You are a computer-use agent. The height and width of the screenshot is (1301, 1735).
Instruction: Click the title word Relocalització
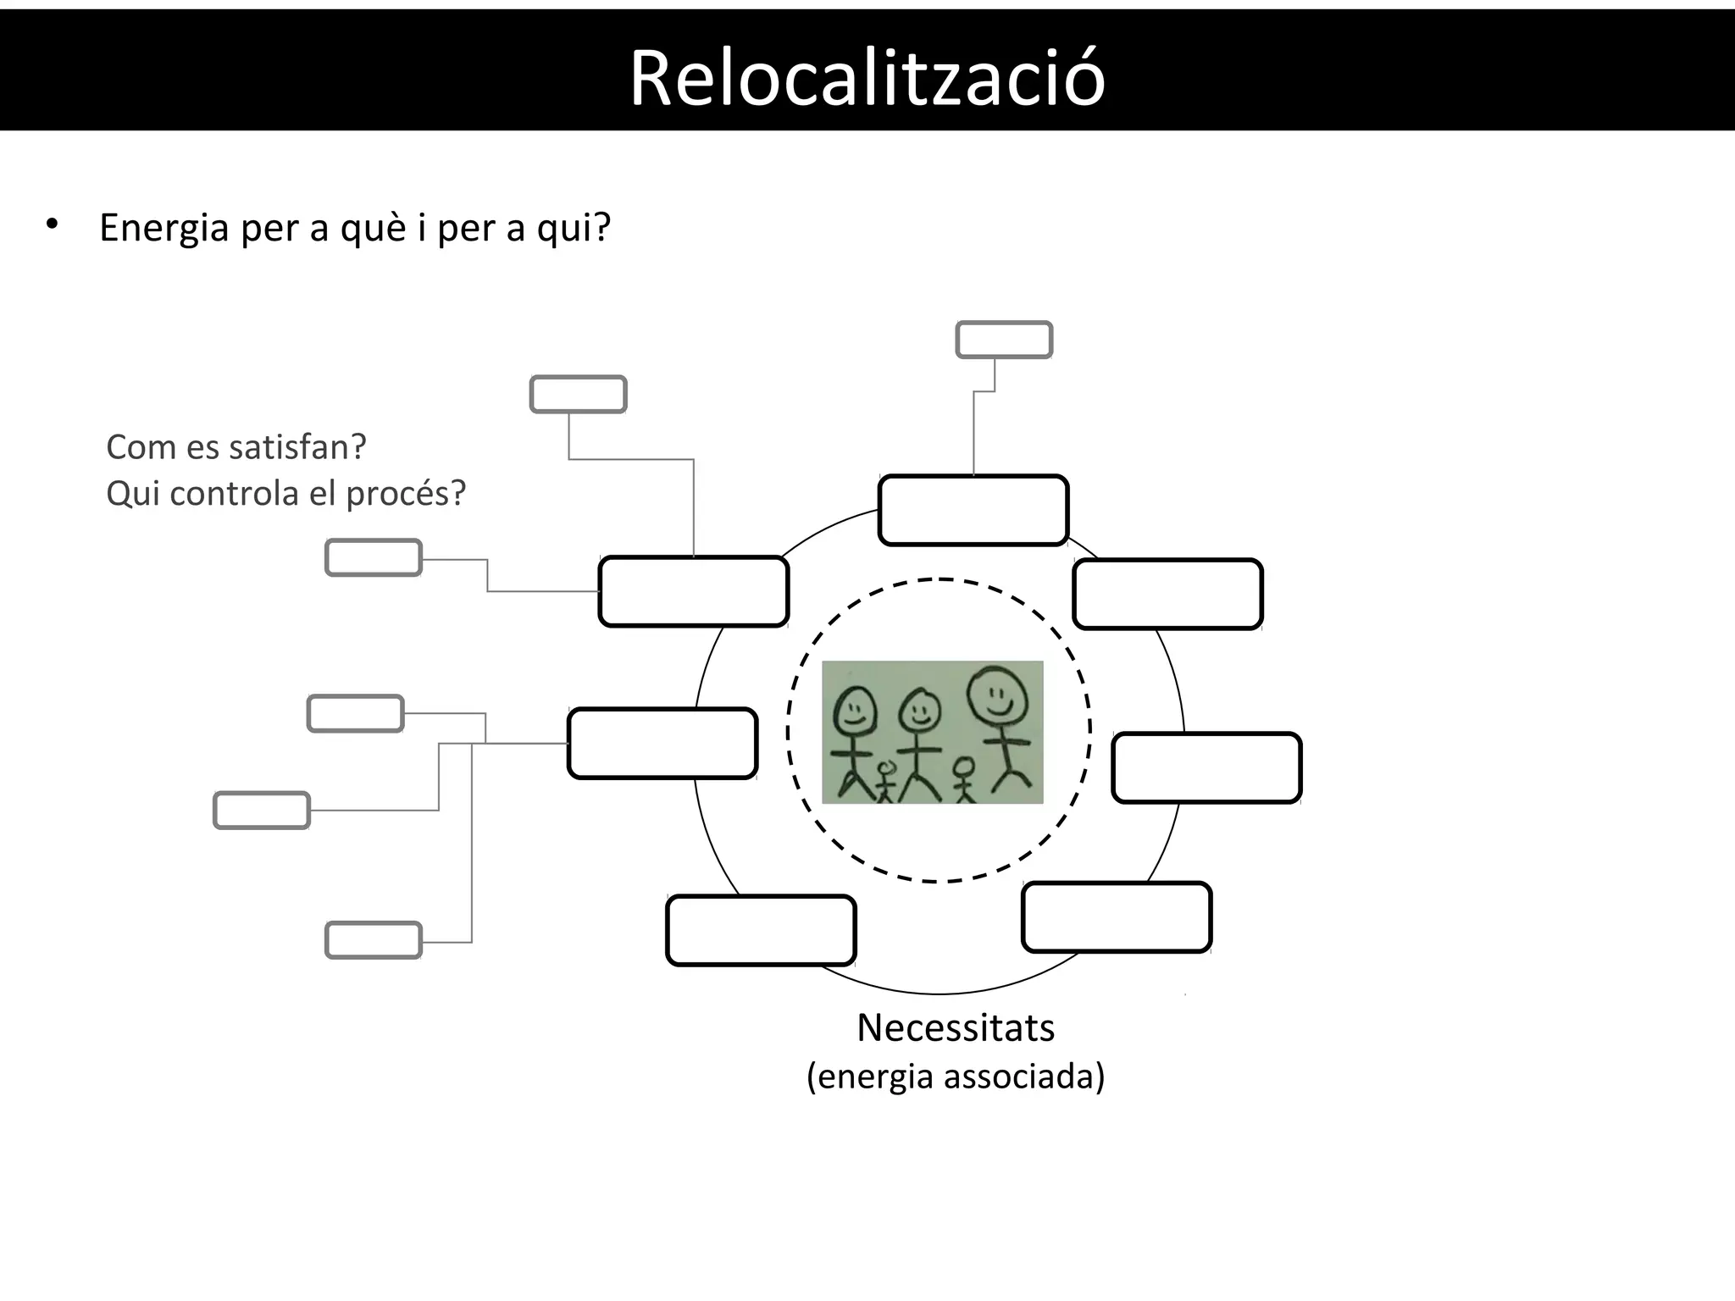click(867, 78)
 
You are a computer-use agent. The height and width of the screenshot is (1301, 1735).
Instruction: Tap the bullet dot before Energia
click(53, 224)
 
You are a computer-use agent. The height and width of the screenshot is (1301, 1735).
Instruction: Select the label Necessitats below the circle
click(956, 1028)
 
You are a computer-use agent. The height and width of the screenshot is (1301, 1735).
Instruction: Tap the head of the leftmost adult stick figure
click(856, 710)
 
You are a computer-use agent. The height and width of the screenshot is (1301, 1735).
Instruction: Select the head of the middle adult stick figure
click(920, 711)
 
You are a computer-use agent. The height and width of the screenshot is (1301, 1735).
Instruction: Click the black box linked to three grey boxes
click(662, 743)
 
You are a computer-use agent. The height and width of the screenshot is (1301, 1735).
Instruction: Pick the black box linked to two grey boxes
click(694, 591)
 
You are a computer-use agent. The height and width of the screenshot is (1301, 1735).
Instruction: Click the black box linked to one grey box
click(973, 510)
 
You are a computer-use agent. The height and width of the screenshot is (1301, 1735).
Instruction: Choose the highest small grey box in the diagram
click(1004, 340)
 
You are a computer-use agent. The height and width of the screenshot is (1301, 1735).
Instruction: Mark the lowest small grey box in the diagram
click(374, 940)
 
